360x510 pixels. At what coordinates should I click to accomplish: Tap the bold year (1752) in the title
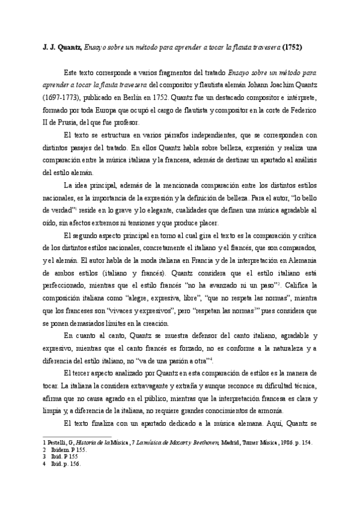pyautogui.click(x=290, y=46)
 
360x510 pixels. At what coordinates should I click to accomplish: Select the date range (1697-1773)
pyautogui.click(x=58, y=96)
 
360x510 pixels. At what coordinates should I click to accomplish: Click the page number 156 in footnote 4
pyautogui.click(x=75, y=464)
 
